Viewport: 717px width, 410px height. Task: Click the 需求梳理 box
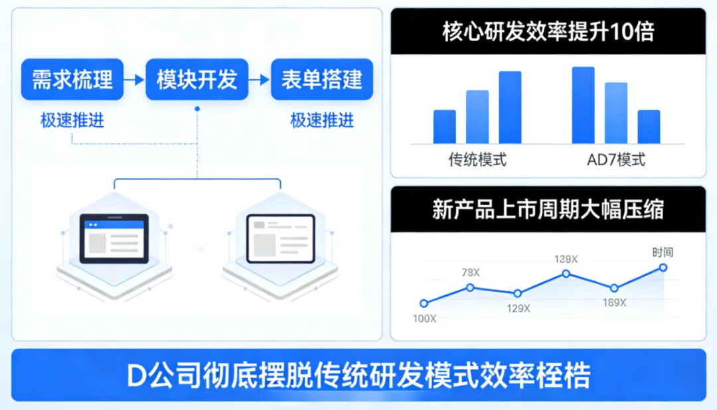point(72,80)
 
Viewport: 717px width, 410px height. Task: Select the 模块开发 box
point(197,80)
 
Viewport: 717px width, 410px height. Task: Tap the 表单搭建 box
point(322,80)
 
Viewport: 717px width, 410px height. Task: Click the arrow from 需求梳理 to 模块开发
point(135,80)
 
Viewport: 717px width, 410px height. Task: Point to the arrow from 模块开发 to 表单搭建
point(260,80)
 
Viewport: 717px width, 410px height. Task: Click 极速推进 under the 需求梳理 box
point(72,121)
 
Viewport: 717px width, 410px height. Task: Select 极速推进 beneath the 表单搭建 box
point(322,121)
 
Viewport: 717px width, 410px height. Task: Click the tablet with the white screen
point(280,238)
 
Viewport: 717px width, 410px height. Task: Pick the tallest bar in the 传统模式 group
point(510,107)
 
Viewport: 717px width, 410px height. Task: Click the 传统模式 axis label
point(477,160)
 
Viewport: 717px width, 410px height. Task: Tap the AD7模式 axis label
point(615,160)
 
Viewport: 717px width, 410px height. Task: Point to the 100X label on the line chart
point(424,318)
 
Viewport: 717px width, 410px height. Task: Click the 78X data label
point(471,273)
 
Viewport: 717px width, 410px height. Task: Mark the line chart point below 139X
point(566,273)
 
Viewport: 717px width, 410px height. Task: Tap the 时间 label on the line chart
point(662,252)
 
